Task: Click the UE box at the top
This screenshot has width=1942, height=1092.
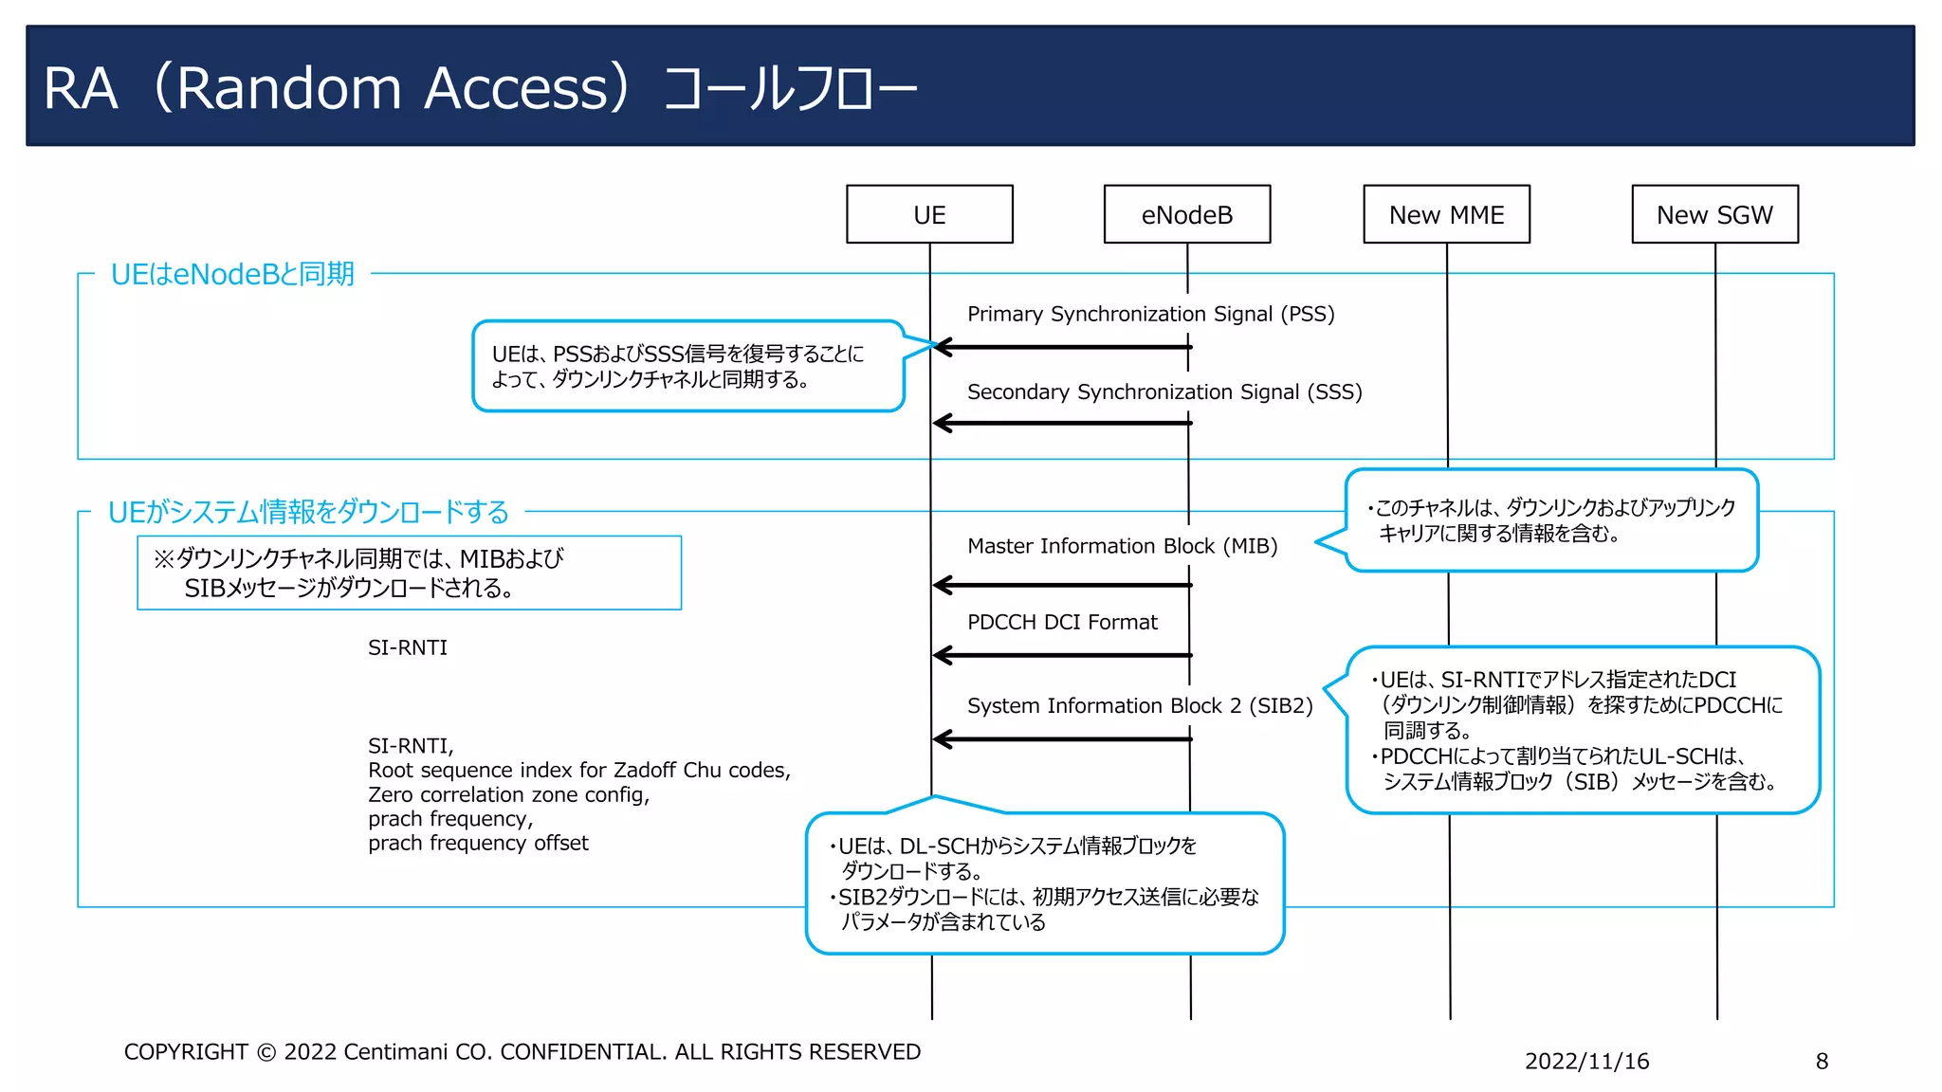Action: [929, 214]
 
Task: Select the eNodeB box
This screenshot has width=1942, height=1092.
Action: [1186, 214]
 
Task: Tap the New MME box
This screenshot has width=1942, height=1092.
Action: [1446, 214]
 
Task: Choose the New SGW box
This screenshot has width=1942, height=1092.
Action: [1714, 214]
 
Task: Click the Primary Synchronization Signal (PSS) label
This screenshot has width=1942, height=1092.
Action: [1150, 314]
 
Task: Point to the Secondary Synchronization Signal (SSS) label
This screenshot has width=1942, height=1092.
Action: [1163, 391]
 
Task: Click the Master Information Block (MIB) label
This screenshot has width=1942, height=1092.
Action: [1122, 546]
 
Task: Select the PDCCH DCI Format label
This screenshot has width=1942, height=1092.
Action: [1062, 622]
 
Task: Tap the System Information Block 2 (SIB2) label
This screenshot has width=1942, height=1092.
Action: [1140, 705]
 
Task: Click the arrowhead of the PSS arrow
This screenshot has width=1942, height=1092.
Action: [942, 347]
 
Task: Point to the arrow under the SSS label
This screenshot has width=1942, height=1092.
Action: [1062, 423]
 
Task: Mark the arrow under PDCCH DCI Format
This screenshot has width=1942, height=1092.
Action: [1062, 655]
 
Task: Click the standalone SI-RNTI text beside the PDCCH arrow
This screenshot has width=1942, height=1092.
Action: [408, 647]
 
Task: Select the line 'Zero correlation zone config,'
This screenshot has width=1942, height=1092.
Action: [508, 794]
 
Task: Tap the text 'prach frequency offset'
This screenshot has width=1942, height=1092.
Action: [478, 843]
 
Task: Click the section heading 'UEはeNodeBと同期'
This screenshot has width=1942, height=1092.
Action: [232, 274]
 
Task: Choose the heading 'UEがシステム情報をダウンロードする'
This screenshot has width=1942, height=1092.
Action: [308, 512]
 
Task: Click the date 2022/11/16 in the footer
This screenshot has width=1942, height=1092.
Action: [1586, 1061]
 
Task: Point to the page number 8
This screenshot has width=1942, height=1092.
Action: [1822, 1061]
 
